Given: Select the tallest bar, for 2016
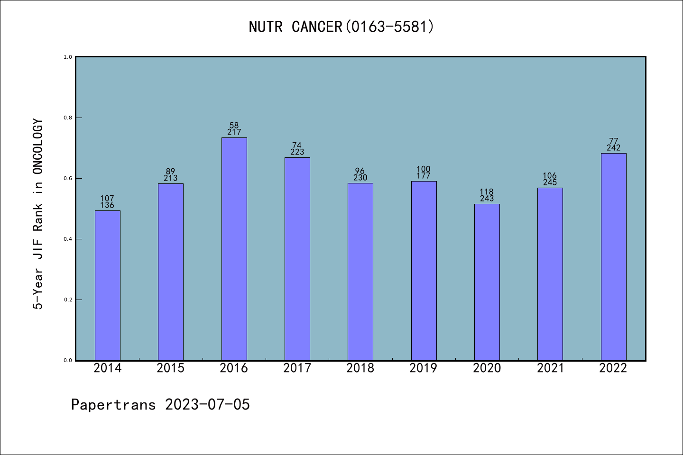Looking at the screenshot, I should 234,249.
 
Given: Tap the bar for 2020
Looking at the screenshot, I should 487,282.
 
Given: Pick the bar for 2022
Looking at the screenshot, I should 613,256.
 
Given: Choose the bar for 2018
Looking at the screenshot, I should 360,272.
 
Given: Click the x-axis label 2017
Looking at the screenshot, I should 297,368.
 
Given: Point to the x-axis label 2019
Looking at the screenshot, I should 424,368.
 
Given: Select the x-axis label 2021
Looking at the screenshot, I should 550,368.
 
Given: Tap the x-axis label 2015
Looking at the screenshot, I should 171,368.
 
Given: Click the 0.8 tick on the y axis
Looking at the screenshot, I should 68,118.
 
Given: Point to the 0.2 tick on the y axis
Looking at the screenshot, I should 68,300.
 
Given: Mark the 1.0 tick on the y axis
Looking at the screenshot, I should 68,57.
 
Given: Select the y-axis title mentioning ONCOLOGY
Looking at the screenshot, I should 38,214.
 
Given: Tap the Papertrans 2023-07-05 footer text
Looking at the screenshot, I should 160,405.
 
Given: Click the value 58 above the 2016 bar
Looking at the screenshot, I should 234,126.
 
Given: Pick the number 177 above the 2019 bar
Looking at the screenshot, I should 424,176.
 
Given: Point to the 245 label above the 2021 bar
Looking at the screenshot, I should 550,182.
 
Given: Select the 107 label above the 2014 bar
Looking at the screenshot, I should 107,199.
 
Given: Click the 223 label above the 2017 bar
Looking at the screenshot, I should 297,152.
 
